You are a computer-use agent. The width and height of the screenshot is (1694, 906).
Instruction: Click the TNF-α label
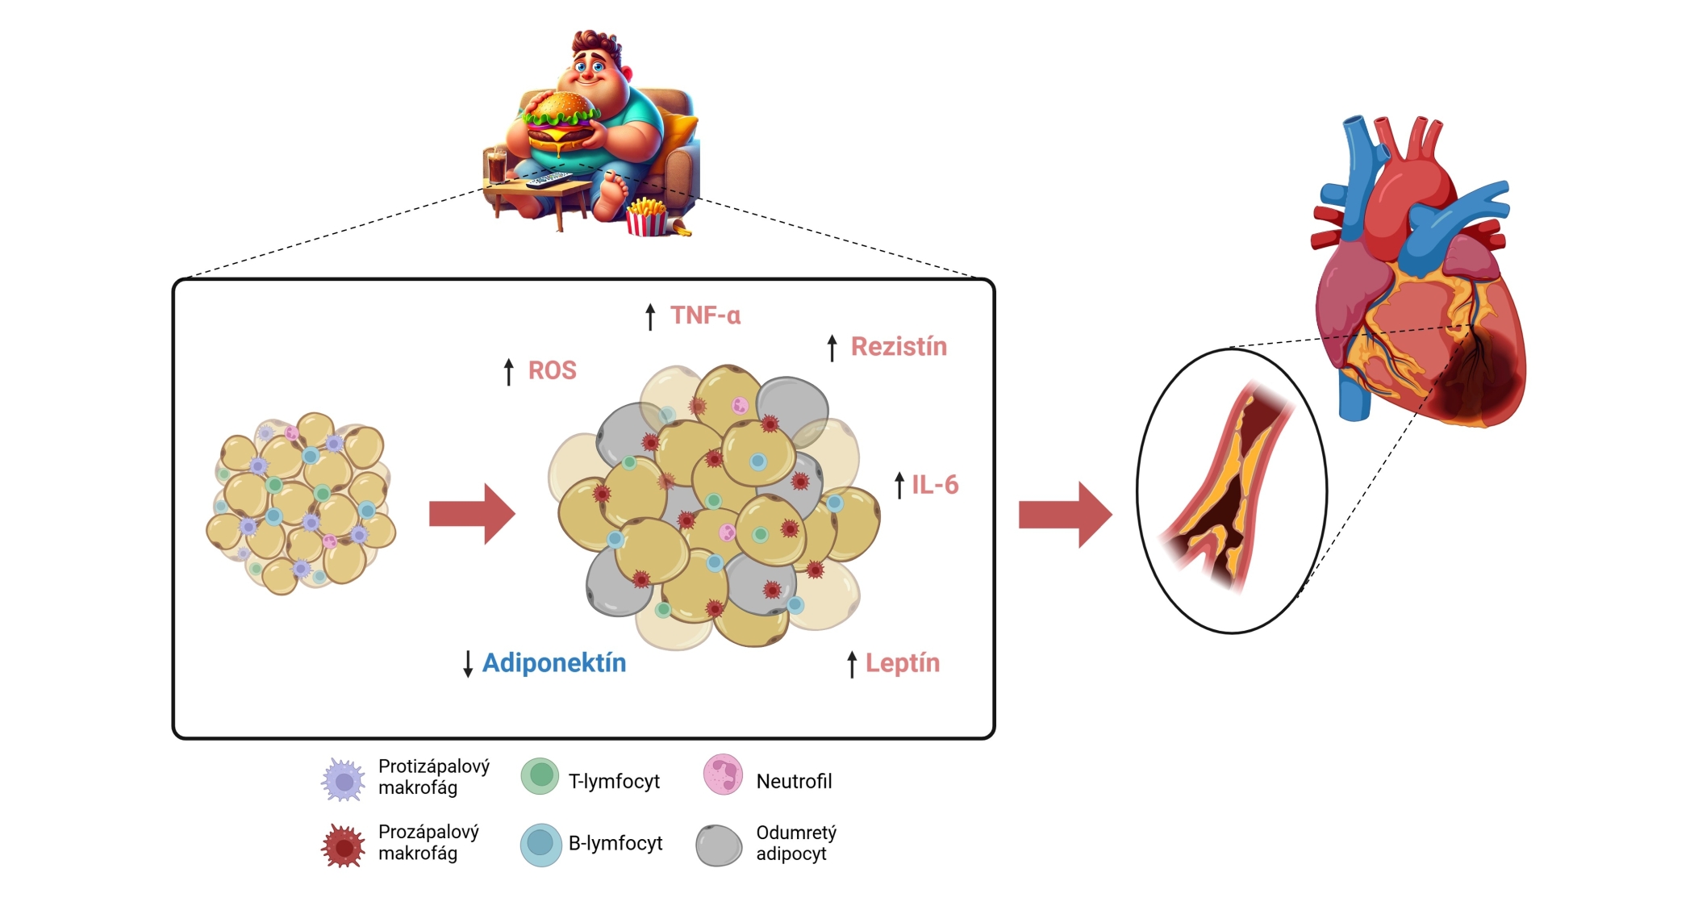point(705,315)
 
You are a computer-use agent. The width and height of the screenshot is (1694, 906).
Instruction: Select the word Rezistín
point(899,347)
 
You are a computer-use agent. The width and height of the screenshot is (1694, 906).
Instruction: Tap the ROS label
point(552,370)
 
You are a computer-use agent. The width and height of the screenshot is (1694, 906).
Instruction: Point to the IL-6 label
point(935,485)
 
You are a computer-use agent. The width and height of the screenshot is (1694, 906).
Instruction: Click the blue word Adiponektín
point(554,663)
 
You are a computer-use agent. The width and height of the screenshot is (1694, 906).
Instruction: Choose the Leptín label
point(902,663)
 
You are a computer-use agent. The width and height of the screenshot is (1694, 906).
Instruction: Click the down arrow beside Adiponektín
point(468,664)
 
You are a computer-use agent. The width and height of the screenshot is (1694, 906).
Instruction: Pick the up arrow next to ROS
point(508,372)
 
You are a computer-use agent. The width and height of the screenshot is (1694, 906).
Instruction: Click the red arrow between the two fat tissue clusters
point(472,514)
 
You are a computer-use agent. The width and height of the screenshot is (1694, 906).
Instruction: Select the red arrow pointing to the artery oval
point(1065,515)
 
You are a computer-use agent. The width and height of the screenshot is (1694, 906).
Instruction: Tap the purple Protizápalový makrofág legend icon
point(344,779)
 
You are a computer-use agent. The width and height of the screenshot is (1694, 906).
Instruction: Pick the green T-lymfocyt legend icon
point(540,776)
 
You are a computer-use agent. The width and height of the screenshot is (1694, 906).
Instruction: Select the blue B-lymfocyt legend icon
point(540,845)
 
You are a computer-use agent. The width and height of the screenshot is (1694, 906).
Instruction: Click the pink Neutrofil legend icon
point(723,774)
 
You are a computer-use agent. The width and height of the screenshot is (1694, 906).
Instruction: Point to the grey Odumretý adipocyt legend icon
point(719,845)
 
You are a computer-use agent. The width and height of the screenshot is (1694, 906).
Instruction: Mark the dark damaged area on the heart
point(1476,379)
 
